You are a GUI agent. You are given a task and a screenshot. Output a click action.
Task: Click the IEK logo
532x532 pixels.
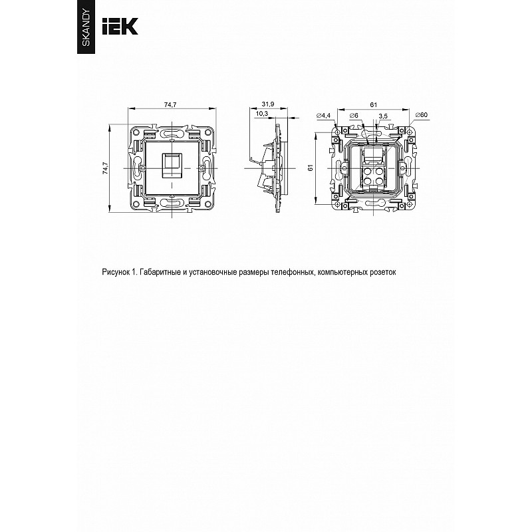120,26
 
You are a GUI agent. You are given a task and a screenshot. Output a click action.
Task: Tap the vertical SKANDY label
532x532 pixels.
86,28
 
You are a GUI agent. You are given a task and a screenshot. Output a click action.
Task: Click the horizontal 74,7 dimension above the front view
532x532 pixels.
170,105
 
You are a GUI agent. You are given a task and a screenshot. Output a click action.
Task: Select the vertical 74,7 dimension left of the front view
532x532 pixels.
105,168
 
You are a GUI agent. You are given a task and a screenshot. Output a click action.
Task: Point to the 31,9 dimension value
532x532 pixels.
268,104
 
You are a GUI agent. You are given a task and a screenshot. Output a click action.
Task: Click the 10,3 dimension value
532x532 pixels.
261,113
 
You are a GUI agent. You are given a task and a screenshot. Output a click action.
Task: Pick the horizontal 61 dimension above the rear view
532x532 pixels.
373,105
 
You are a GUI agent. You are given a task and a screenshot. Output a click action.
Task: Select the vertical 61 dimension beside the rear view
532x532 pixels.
311,168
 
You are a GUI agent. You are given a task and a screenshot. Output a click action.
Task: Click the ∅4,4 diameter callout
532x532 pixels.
323,116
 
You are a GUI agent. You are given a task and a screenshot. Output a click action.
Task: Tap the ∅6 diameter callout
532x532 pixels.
354,116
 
